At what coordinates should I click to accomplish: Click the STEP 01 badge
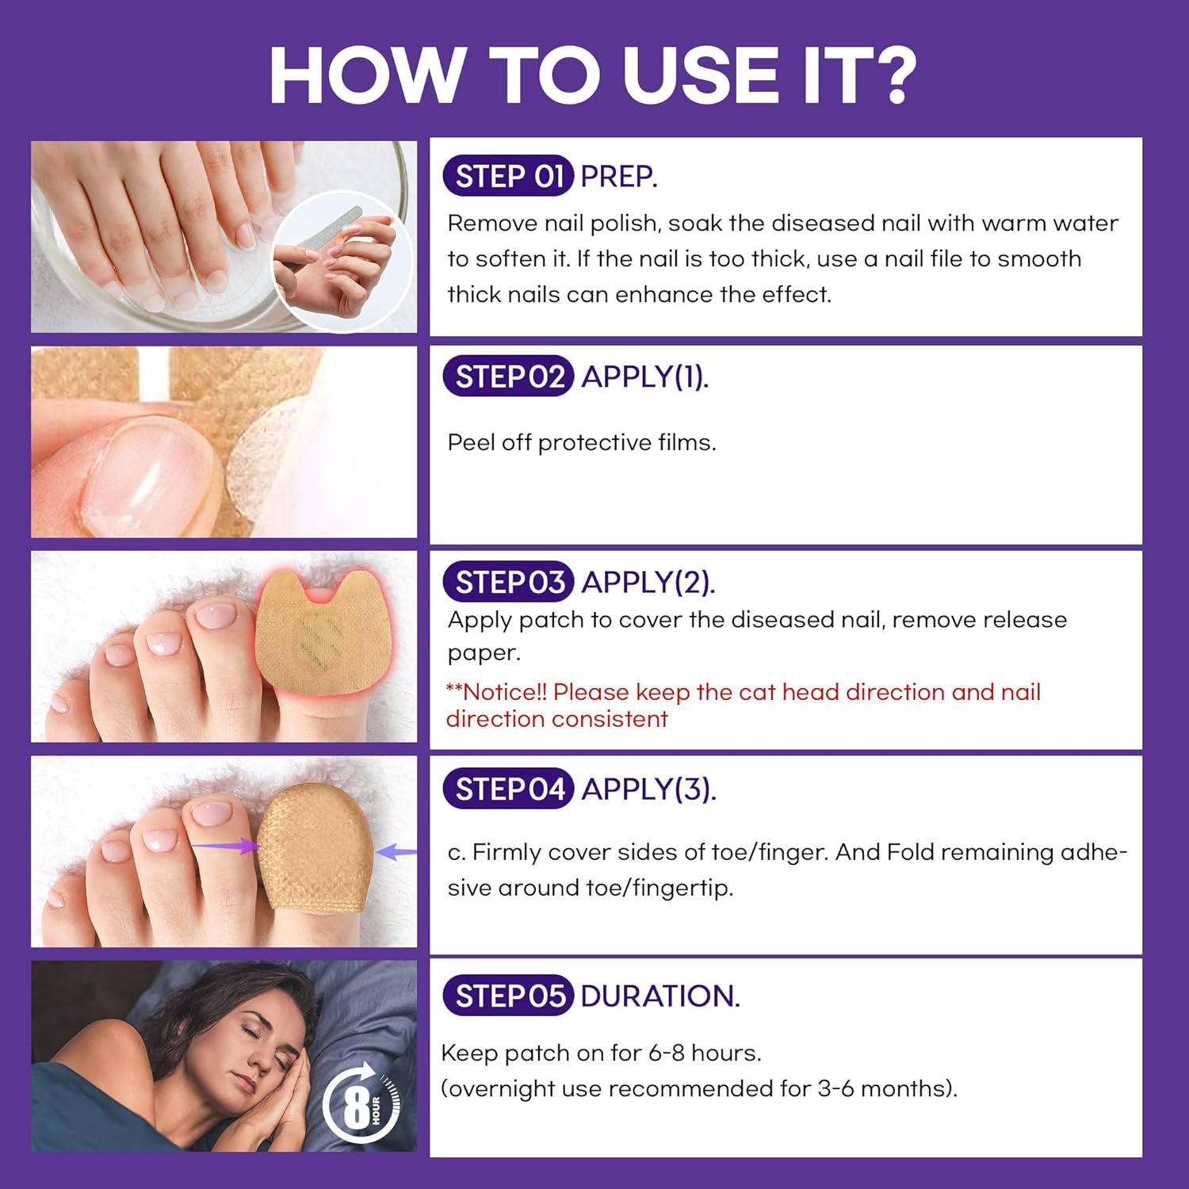click(x=507, y=176)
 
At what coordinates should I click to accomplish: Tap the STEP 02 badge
click(x=507, y=377)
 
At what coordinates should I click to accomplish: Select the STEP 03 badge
click(x=507, y=582)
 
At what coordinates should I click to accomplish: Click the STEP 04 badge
click(x=507, y=789)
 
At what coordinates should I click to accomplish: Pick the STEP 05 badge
click(x=507, y=996)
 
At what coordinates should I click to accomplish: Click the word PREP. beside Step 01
click(x=618, y=176)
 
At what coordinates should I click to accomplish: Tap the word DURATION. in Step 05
click(x=659, y=996)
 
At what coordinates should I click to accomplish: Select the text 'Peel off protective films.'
click(x=581, y=442)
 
